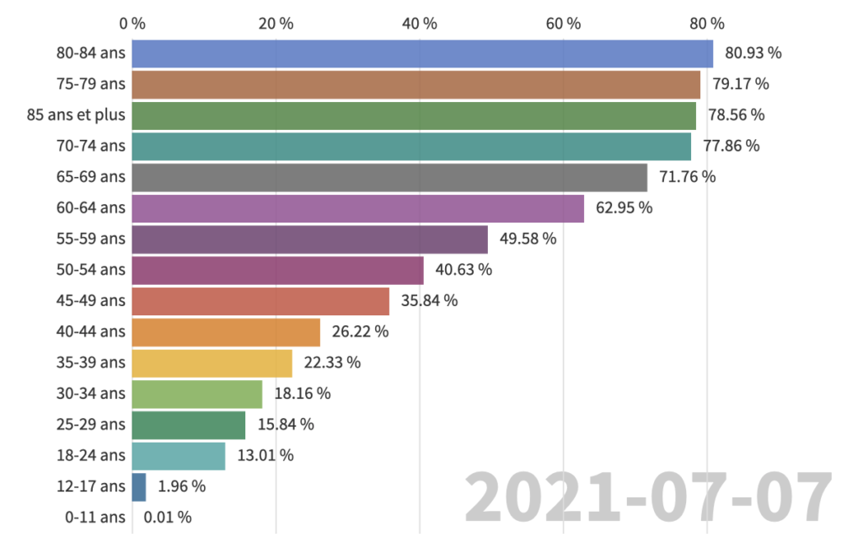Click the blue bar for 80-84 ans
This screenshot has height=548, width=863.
pos(421,53)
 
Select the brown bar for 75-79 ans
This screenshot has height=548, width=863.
pos(415,84)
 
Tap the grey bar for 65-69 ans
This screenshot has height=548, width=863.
pos(389,177)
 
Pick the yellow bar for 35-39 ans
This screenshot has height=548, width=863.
pos(212,363)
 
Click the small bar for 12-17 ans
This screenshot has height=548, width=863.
pos(139,486)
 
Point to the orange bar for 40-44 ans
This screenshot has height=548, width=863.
pos(226,332)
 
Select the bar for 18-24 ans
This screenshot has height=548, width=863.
pos(179,455)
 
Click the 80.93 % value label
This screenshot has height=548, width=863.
pos(753,53)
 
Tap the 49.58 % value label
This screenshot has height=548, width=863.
pos(528,239)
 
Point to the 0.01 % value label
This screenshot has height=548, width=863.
pos(167,517)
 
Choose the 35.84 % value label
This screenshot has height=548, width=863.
pos(429,301)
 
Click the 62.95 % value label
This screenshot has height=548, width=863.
pos(624,208)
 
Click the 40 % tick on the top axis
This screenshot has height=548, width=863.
pos(420,24)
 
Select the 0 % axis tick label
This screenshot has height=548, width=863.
pos(132,24)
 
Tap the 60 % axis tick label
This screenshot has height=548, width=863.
pos(564,24)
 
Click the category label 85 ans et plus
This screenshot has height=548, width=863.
pos(76,116)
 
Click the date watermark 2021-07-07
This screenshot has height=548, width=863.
pos(649,499)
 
